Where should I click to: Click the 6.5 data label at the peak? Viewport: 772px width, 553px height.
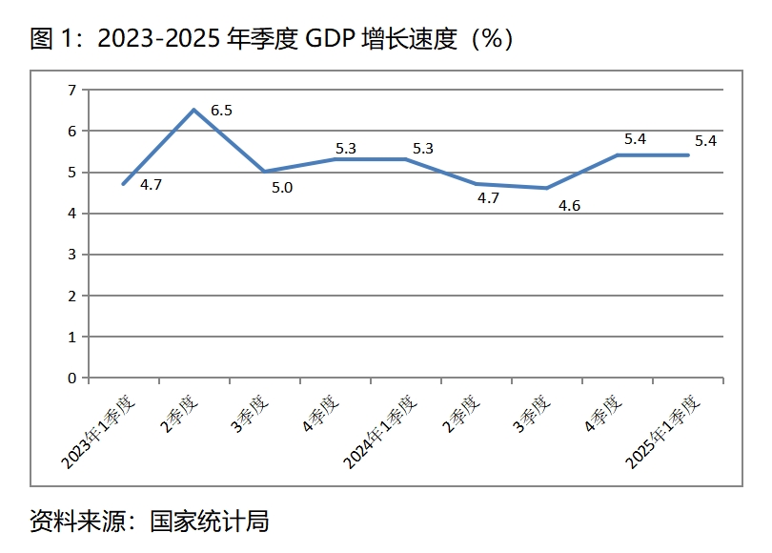(x=221, y=111)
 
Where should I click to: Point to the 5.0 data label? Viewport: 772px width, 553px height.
(x=282, y=188)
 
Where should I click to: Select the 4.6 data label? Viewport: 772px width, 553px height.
(x=570, y=205)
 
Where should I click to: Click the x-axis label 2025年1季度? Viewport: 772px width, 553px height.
(x=662, y=434)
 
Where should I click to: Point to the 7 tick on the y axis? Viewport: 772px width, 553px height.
(x=71, y=90)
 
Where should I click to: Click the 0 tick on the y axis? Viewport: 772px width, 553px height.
(x=71, y=378)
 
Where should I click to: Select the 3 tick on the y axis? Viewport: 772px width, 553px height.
(x=71, y=255)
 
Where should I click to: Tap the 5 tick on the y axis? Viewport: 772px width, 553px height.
(x=71, y=173)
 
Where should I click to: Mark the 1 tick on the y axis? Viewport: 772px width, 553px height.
(x=71, y=337)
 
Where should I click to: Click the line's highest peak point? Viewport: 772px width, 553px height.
(x=194, y=110)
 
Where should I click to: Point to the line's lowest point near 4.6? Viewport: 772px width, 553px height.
(x=547, y=188)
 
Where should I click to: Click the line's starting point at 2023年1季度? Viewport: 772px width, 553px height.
(x=124, y=183)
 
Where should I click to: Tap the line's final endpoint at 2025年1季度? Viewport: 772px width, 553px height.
(x=688, y=155)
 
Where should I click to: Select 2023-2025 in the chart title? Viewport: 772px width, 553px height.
(x=159, y=39)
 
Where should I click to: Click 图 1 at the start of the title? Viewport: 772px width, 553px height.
(x=53, y=39)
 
